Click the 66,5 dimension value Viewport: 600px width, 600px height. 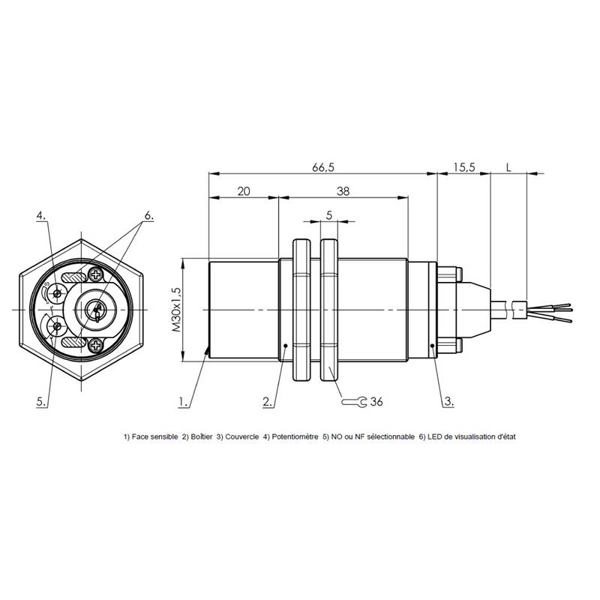[323, 167]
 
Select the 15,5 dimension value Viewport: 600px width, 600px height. [464, 167]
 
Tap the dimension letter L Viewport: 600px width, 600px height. [508, 167]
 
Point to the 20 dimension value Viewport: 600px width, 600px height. [244, 191]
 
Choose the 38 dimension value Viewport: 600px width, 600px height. [343, 191]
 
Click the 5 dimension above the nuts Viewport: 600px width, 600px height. [329, 215]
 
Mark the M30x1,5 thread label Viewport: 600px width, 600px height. [176, 309]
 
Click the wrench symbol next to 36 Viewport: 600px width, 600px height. [354, 402]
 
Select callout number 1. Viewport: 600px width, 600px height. [183, 402]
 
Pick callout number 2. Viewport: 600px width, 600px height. [268, 402]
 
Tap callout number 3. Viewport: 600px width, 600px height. [448, 402]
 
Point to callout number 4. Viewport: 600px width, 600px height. [41, 216]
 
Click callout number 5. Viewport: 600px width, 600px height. [41, 402]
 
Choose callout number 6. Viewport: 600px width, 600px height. [148, 216]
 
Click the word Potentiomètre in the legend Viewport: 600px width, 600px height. [295, 436]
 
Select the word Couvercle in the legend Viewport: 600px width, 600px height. [241, 436]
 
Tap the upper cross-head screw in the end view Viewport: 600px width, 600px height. [95, 274]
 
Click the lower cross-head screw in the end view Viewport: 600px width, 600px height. [95, 346]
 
